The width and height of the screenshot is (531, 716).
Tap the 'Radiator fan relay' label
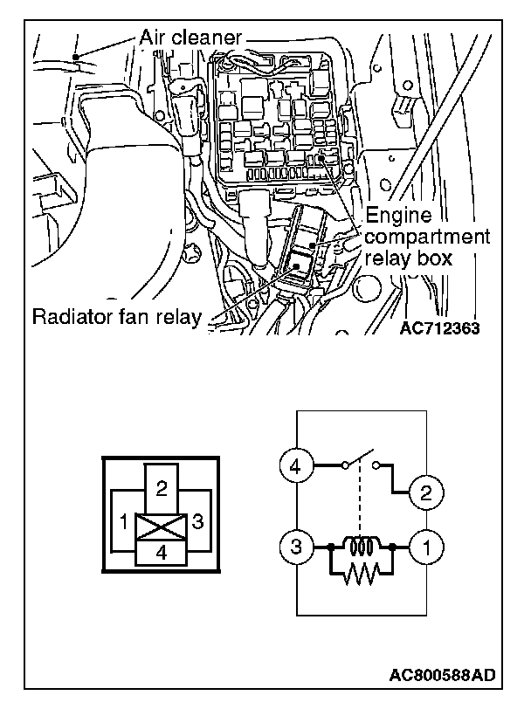[x=114, y=315]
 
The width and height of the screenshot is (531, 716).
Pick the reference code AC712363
[x=441, y=329]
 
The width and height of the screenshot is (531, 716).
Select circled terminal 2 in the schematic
[x=425, y=493]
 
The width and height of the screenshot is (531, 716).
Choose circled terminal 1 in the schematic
[x=425, y=549]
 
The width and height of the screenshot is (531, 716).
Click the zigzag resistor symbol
[x=362, y=573]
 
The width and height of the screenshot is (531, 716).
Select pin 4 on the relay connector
[x=161, y=553]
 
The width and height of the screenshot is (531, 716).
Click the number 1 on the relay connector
[x=125, y=522]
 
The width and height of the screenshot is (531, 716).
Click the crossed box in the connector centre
[x=161, y=527]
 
